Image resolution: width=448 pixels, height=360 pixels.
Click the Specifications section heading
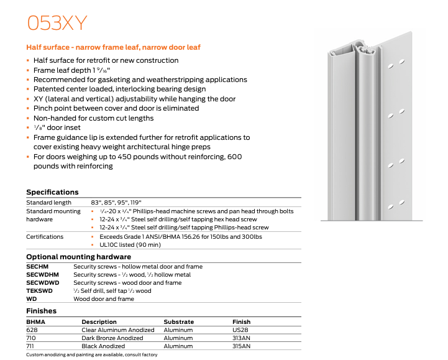(x=52, y=192)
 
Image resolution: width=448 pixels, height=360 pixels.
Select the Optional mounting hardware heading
(x=78, y=257)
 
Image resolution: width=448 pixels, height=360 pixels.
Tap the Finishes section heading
(x=41, y=311)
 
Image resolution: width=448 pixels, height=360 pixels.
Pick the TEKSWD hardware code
(x=39, y=290)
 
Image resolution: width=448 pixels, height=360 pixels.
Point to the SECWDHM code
(x=42, y=274)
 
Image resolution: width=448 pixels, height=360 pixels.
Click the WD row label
(x=31, y=298)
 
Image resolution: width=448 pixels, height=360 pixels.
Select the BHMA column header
(x=35, y=322)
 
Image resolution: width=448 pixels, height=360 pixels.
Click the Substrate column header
(x=178, y=322)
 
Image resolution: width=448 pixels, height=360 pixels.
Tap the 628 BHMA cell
(x=32, y=330)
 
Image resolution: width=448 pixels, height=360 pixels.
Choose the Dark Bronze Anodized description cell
(x=112, y=338)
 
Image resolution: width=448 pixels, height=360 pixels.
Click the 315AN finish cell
(x=242, y=346)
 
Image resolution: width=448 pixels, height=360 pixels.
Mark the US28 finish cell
(x=240, y=330)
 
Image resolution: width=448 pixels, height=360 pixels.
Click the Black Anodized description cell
(x=103, y=346)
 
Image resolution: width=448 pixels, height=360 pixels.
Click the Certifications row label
(x=45, y=237)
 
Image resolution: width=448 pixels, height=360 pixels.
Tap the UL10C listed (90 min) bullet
(x=131, y=245)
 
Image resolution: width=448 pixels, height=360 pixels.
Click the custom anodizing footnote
(x=91, y=355)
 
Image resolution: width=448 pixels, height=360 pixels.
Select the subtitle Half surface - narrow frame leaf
(x=113, y=47)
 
